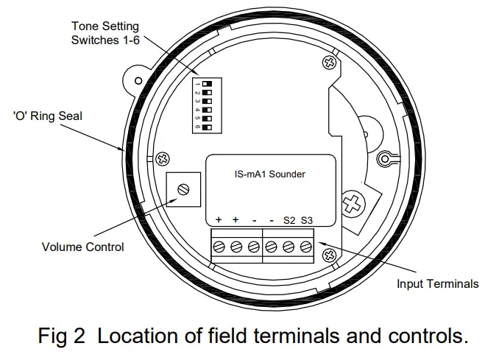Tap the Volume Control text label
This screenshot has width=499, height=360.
(82, 247)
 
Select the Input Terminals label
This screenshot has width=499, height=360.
(437, 283)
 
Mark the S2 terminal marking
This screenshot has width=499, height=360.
(289, 220)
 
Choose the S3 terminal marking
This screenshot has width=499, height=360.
(306, 220)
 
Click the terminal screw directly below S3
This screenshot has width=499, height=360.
(306, 247)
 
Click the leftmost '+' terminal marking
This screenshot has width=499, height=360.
(219, 220)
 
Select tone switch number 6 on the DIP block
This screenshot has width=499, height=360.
(205, 127)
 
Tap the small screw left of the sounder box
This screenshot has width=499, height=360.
(163, 158)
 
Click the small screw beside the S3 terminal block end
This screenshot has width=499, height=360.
(330, 255)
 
